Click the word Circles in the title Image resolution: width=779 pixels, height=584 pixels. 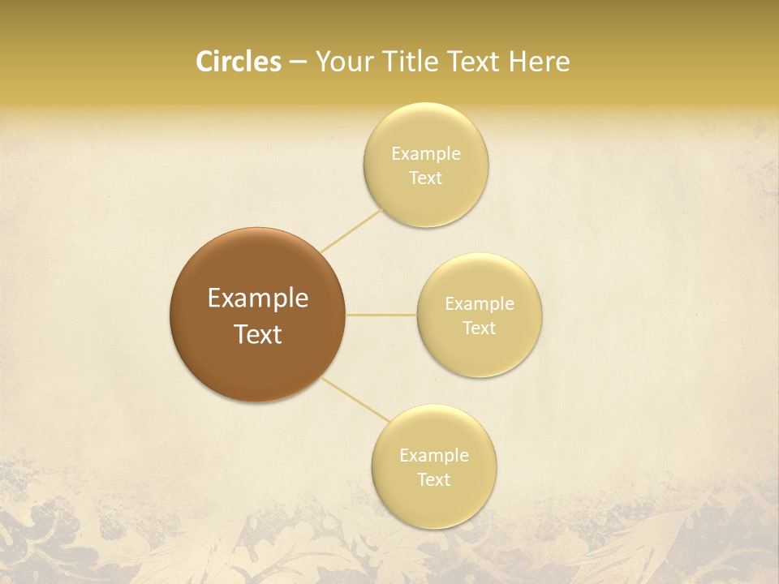click(x=238, y=62)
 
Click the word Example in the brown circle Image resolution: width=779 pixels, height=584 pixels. click(x=257, y=298)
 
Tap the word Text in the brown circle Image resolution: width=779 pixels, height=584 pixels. click(x=257, y=334)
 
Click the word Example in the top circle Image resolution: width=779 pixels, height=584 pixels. click(x=426, y=154)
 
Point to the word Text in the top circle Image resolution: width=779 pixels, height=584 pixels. click(x=426, y=178)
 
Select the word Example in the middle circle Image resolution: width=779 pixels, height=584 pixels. click(x=480, y=304)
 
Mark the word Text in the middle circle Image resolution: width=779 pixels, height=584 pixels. click(x=480, y=328)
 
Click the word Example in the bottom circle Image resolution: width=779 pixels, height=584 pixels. click(x=434, y=456)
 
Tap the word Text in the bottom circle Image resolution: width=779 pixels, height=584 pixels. click(x=434, y=480)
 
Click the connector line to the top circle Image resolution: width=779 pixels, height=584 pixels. click(x=351, y=230)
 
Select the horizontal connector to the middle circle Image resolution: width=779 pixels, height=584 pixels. click(x=381, y=315)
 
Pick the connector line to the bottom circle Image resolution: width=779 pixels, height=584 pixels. click(x=355, y=398)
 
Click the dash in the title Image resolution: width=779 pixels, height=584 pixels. click(x=298, y=62)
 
